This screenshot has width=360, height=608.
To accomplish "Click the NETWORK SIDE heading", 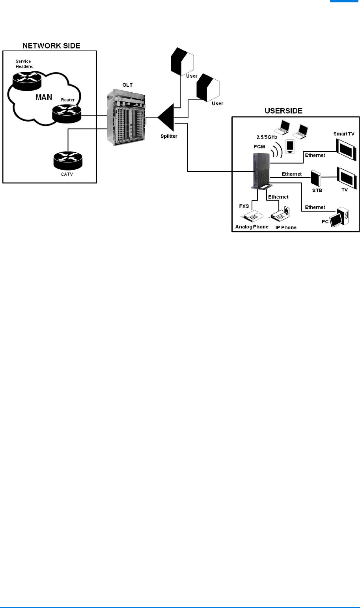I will (x=51, y=46).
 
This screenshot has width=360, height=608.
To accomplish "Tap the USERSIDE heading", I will (x=284, y=111).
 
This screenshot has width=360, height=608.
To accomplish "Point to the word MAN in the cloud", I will (x=44, y=97).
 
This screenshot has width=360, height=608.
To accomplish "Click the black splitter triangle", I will (x=167, y=117).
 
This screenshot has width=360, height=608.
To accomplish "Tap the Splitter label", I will (x=169, y=137).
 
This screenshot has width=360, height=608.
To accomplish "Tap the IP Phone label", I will (x=286, y=228).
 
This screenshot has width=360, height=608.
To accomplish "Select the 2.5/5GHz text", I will (x=267, y=137).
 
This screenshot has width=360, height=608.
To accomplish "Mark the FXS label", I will (x=244, y=206).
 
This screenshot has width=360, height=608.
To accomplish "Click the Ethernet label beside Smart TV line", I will (x=315, y=155).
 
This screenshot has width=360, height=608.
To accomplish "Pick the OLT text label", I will (x=127, y=85).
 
